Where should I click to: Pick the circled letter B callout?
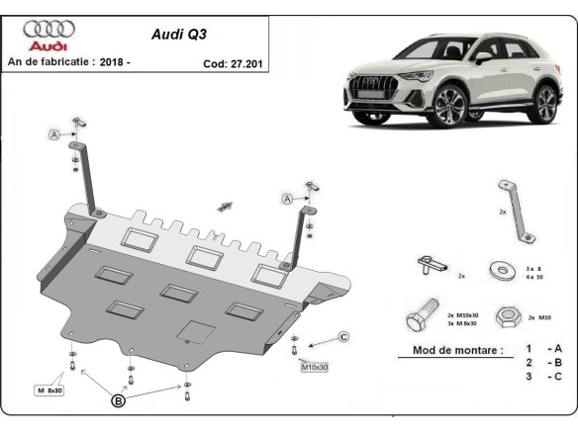tap(118, 401)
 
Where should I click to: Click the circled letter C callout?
tap(344, 338)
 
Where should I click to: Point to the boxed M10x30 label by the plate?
tap(315, 367)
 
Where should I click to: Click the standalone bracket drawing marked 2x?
tap(517, 210)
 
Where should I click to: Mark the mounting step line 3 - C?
tap(545, 377)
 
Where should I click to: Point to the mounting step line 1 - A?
tap(545, 349)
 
